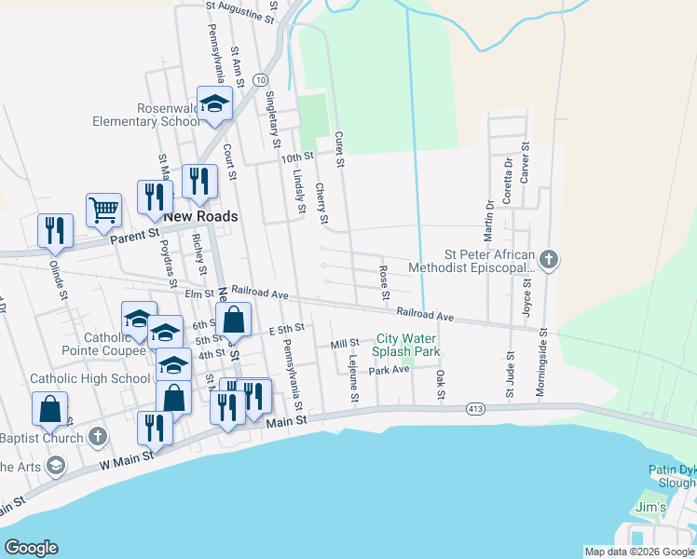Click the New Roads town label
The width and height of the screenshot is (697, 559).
coord(200,216)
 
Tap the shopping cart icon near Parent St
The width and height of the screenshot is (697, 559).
coord(103,209)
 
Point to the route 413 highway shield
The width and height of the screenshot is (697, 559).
coord(475,408)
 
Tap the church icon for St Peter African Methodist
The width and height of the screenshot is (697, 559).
coord(549,258)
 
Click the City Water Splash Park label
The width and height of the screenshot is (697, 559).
coord(406,346)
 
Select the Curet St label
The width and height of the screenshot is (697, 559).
coord(341,150)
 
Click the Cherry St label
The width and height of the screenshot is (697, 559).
coord(321,202)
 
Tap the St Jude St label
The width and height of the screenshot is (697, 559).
coord(511,375)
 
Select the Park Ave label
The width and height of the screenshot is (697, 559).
coord(389,370)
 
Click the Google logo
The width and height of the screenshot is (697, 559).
coord(31,548)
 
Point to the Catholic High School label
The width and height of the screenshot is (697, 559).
coord(89,378)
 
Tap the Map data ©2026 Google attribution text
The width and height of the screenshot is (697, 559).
coord(639,552)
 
